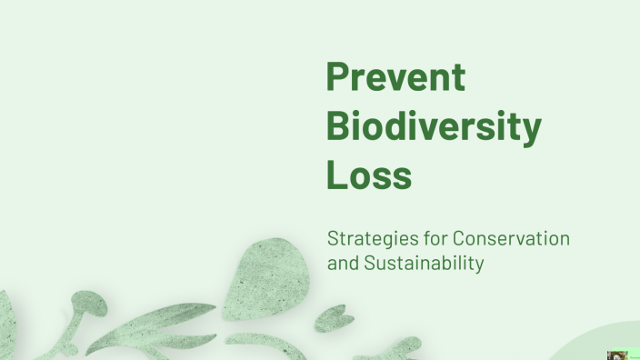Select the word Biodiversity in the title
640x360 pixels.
point(433,126)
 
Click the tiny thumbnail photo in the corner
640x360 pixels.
point(617,355)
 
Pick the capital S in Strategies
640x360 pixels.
point(334,240)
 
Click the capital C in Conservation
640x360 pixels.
point(460,240)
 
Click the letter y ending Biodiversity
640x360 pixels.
point(531,132)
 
